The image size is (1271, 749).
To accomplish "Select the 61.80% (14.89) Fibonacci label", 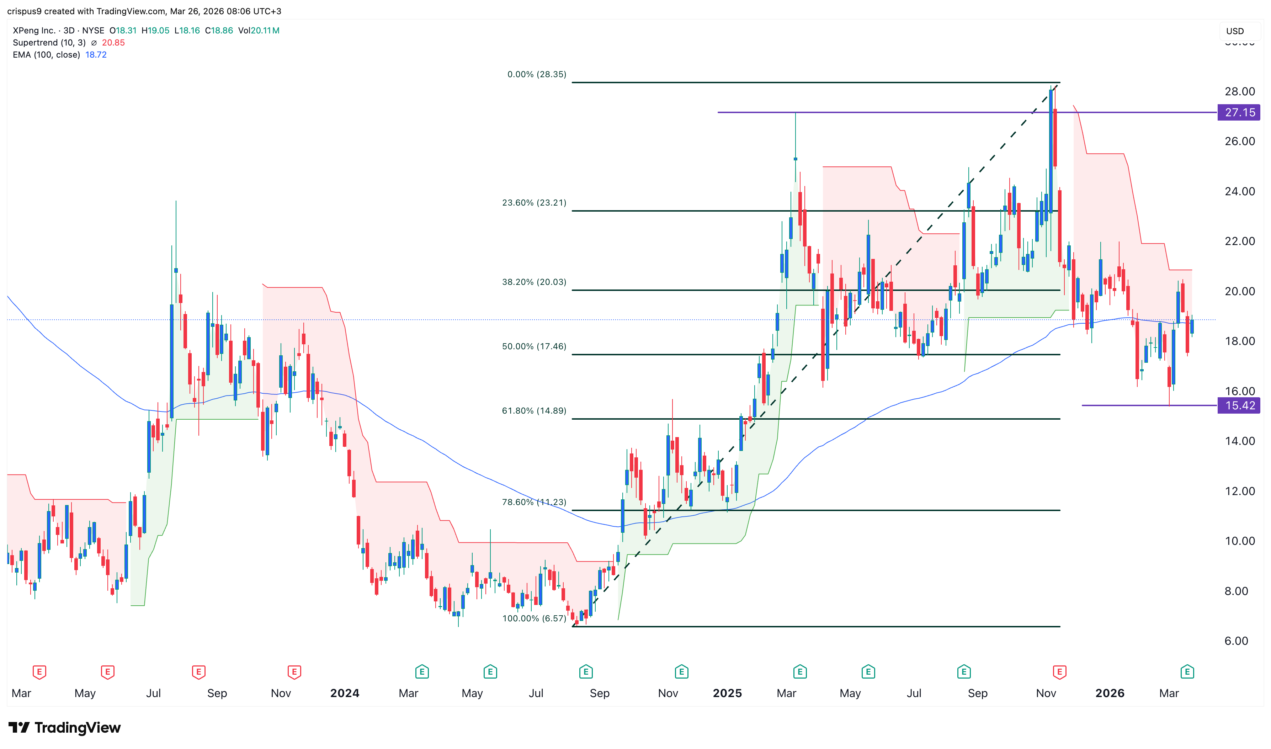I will (534, 411).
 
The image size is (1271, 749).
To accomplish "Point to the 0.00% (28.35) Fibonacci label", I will (536, 74).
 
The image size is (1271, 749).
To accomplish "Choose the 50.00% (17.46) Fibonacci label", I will (534, 346).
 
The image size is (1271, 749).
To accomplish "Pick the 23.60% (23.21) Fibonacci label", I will (534, 202).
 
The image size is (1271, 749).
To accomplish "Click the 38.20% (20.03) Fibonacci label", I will (534, 282).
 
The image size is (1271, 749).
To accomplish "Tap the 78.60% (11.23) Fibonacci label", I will (534, 502).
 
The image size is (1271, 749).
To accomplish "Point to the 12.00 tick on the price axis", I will (1239, 491).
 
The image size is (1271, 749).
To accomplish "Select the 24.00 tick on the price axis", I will (1239, 191).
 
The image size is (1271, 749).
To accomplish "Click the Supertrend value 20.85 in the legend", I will (113, 42).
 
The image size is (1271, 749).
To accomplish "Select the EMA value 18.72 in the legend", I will (96, 54).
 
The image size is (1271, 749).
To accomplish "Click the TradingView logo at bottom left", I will (65, 727).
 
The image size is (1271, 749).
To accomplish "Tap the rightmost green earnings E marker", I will (1187, 672).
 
